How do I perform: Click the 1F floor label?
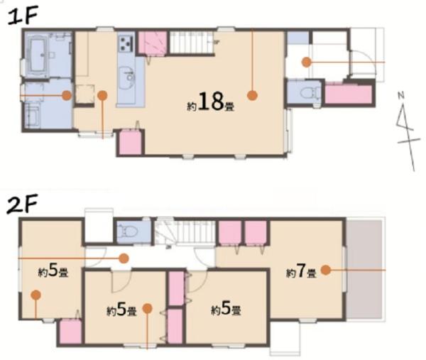tap(23, 17)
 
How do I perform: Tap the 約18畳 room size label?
tap(211, 102)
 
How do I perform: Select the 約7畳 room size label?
tap(301, 271)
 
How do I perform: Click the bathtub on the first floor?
tap(38, 55)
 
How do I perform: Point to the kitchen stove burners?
tap(126, 43)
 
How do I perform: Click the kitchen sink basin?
tap(127, 77)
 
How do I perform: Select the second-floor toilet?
tap(129, 232)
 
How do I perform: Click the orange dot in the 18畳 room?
tap(252, 95)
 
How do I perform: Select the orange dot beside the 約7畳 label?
tap(326, 270)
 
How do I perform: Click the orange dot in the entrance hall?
tap(307, 62)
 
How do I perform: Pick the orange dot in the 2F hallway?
tap(124, 258)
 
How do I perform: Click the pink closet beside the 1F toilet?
tap(349, 94)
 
